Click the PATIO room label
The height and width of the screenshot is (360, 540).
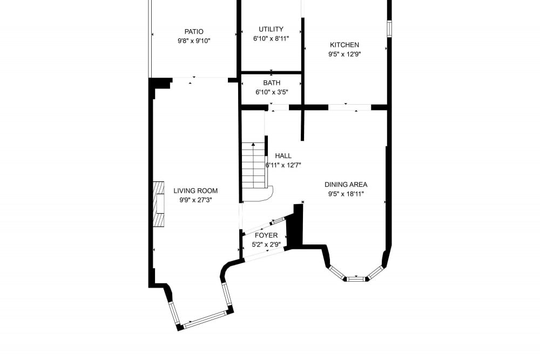(194, 32)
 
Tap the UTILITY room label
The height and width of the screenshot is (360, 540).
(271, 29)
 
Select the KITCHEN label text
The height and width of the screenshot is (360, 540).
(345, 45)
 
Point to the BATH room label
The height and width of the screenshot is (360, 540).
(272, 83)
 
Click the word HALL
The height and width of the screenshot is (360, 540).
(283, 156)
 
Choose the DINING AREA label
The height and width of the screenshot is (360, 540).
(346, 185)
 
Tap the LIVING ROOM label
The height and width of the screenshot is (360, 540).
(195, 191)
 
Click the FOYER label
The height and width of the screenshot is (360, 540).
(266, 235)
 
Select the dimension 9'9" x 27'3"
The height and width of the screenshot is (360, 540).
(195, 200)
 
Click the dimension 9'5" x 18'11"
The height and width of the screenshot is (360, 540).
(346, 194)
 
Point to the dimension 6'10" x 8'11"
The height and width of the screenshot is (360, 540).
(271, 38)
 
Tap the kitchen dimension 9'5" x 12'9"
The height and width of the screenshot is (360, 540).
(345, 54)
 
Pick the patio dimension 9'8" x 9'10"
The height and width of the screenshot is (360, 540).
(194, 41)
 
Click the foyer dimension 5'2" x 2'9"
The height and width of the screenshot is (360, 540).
(266, 244)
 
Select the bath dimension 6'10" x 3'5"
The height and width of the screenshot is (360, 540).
(272, 92)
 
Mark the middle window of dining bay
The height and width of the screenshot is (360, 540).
(356, 279)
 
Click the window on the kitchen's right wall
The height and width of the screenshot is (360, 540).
(389, 29)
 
